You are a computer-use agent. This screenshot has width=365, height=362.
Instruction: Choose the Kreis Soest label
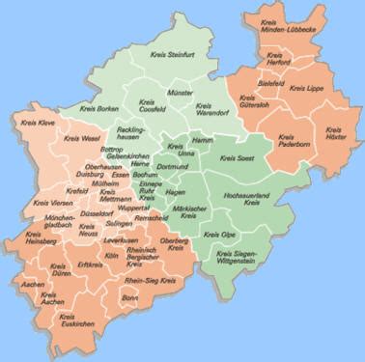pyautogui.click(x=238, y=157)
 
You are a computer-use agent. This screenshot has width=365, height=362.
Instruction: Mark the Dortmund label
pyautogui.click(x=179, y=167)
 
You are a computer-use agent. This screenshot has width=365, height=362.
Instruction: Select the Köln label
pyautogui.click(x=111, y=256)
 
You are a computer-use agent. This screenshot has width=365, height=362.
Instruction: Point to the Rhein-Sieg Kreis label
pyautogui.click(x=156, y=281)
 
